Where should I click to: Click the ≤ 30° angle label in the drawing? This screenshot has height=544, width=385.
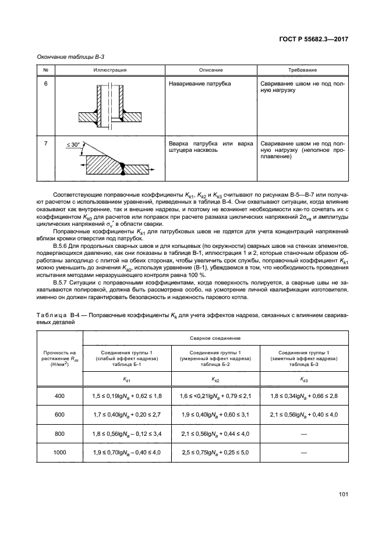click(x=74, y=144)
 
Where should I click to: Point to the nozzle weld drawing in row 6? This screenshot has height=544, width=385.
click(x=110, y=106)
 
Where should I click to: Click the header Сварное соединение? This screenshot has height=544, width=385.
click(x=216, y=337)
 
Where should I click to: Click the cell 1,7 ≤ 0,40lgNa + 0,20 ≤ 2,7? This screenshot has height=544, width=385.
click(x=127, y=414)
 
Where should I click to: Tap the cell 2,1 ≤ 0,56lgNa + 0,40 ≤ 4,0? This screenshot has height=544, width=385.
click(x=305, y=414)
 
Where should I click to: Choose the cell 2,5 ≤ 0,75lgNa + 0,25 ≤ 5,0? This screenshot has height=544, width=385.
click(x=216, y=452)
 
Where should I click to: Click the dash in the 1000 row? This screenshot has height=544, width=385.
click(x=305, y=452)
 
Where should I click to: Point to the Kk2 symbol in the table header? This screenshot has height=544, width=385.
click(x=216, y=378)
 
